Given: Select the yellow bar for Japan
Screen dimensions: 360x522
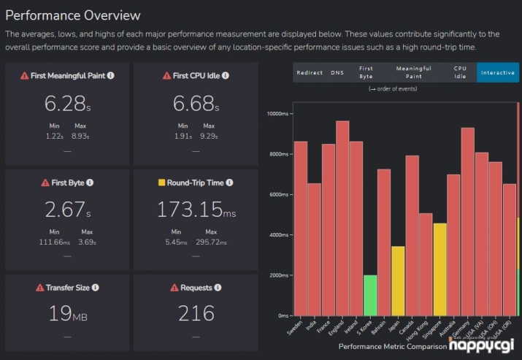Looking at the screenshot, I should point(399,280).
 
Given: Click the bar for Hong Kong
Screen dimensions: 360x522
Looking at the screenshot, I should point(426,264).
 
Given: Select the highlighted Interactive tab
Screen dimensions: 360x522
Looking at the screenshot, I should point(498,73).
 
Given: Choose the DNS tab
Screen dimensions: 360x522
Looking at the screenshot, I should point(337,73).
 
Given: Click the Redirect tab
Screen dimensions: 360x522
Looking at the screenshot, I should point(310,73).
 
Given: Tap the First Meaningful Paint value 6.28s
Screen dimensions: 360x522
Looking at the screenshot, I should point(67,104).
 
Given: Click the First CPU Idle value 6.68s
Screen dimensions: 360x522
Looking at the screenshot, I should point(196,104).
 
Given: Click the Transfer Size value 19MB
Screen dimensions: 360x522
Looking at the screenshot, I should point(67,314).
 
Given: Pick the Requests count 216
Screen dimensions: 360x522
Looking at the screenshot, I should point(196,314).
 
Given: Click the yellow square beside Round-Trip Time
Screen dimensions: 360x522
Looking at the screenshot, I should point(161,183).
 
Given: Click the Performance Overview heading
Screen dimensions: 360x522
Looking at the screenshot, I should point(72,15).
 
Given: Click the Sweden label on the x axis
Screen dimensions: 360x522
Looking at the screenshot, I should point(294,328).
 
